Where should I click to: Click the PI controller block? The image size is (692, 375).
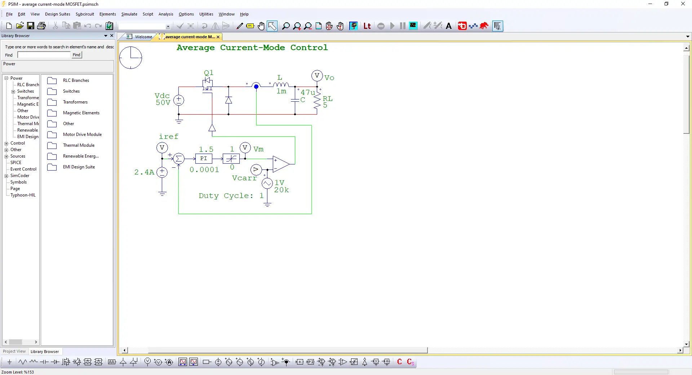click(x=204, y=159)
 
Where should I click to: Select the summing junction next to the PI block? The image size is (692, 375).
click(x=178, y=159)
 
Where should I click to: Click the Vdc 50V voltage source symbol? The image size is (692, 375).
click(x=179, y=100)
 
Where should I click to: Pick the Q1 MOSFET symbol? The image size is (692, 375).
click(x=208, y=85)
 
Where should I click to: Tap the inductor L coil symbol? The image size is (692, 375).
click(x=281, y=85)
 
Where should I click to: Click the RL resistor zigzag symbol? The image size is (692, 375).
click(x=317, y=101)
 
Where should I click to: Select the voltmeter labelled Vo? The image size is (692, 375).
click(x=317, y=76)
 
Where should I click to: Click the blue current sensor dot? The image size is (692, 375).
click(x=256, y=86)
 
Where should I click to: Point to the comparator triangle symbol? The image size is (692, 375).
click(x=281, y=164)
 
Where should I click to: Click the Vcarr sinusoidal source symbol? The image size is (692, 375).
click(x=267, y=184)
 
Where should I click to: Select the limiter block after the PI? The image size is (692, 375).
click(x=231, y=159)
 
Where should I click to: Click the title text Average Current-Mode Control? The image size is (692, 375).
click(x=252, y=48)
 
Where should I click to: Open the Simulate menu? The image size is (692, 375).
click(x=129, y=14)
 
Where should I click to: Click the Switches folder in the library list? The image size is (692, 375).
click(x=71, y=91)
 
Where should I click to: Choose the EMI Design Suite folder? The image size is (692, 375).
click(x=79, y=167)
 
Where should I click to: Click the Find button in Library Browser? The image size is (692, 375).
click(x=76, y=55)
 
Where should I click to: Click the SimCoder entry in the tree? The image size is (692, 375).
click(x=20, y=176)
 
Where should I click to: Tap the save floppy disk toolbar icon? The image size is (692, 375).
click(x=31, y=26)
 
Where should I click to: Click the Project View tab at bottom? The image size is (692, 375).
click(x=14, y=352)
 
